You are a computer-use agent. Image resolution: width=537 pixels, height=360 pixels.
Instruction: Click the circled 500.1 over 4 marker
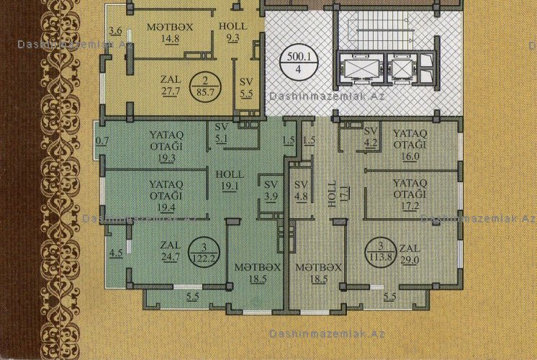[x=299, y=63]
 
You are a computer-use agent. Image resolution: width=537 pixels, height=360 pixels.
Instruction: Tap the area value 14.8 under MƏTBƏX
[x=170, y=38]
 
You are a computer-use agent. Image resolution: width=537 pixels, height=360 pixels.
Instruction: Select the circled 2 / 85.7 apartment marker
[x=205, y=86]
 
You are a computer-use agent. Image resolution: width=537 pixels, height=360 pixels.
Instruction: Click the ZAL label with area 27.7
[x=171, y=85]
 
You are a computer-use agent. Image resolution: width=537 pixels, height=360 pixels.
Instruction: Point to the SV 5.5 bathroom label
[x=246, y=88]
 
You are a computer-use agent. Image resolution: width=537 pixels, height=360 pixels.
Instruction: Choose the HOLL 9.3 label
[x=233, y=32]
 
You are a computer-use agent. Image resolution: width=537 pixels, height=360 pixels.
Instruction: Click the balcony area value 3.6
[x=115, y=31]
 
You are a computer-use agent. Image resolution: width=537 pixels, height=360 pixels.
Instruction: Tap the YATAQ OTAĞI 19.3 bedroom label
[x=166, y=146]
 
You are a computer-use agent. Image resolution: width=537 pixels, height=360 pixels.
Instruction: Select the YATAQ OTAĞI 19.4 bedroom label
[x=166, y=196]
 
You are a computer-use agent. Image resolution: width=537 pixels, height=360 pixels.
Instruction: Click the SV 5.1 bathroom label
[x=221, y=132]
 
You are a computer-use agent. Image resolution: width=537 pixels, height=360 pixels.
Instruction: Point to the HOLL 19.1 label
[x=230, y=180]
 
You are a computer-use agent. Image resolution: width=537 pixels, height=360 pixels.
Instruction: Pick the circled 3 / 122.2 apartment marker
[x=204, y=253]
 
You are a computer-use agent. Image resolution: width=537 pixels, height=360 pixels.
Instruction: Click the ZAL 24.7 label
[x=170, y=251]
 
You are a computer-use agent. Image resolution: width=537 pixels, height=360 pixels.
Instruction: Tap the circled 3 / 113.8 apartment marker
[x=381, y=251]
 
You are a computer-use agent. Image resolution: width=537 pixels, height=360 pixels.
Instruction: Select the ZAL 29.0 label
[x=410, y=254]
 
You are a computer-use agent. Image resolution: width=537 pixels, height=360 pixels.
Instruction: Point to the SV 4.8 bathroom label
[x=301, y=191]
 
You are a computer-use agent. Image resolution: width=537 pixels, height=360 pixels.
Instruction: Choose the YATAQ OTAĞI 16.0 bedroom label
[x=410, y=145]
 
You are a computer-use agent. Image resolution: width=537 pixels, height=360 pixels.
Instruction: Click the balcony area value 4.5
[x=116, y=253]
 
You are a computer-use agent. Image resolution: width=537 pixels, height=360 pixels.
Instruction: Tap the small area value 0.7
[x=102, y=141]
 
